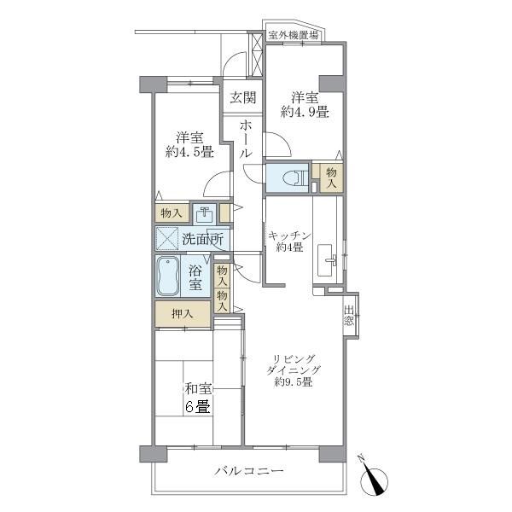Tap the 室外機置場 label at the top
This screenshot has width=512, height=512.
click(294, 35)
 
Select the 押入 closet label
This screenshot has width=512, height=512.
click(182, 314)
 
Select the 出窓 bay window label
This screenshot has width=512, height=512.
click(350, 317)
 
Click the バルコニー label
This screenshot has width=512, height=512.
click(248, 471)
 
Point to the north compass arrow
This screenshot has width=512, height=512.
click(374, 476)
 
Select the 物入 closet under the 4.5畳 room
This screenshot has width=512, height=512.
click(171, 213)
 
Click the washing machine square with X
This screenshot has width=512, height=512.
click(166, 238)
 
